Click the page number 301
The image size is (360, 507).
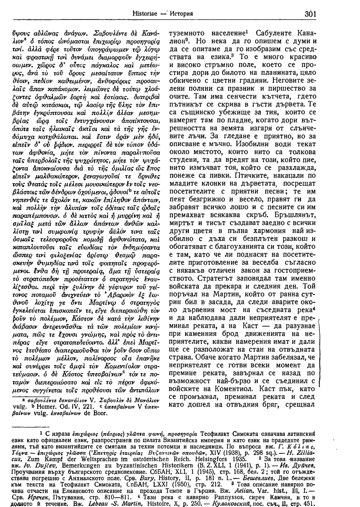point(309,14)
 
